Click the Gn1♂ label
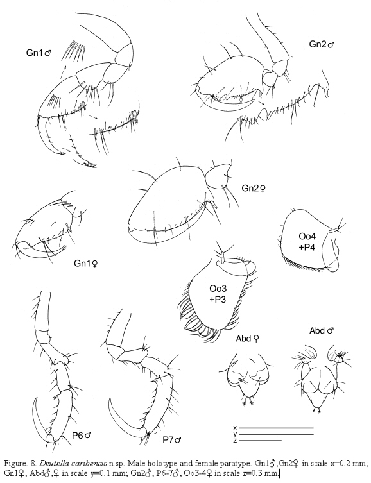[39, 53]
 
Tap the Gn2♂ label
[322, 44]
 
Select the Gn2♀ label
[254, 188]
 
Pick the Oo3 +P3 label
[218, 294]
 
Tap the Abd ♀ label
[247, 339]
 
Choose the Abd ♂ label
[322, 331]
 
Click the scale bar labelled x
[277, 428]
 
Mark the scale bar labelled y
[277, 434]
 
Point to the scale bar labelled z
[261, 441]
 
